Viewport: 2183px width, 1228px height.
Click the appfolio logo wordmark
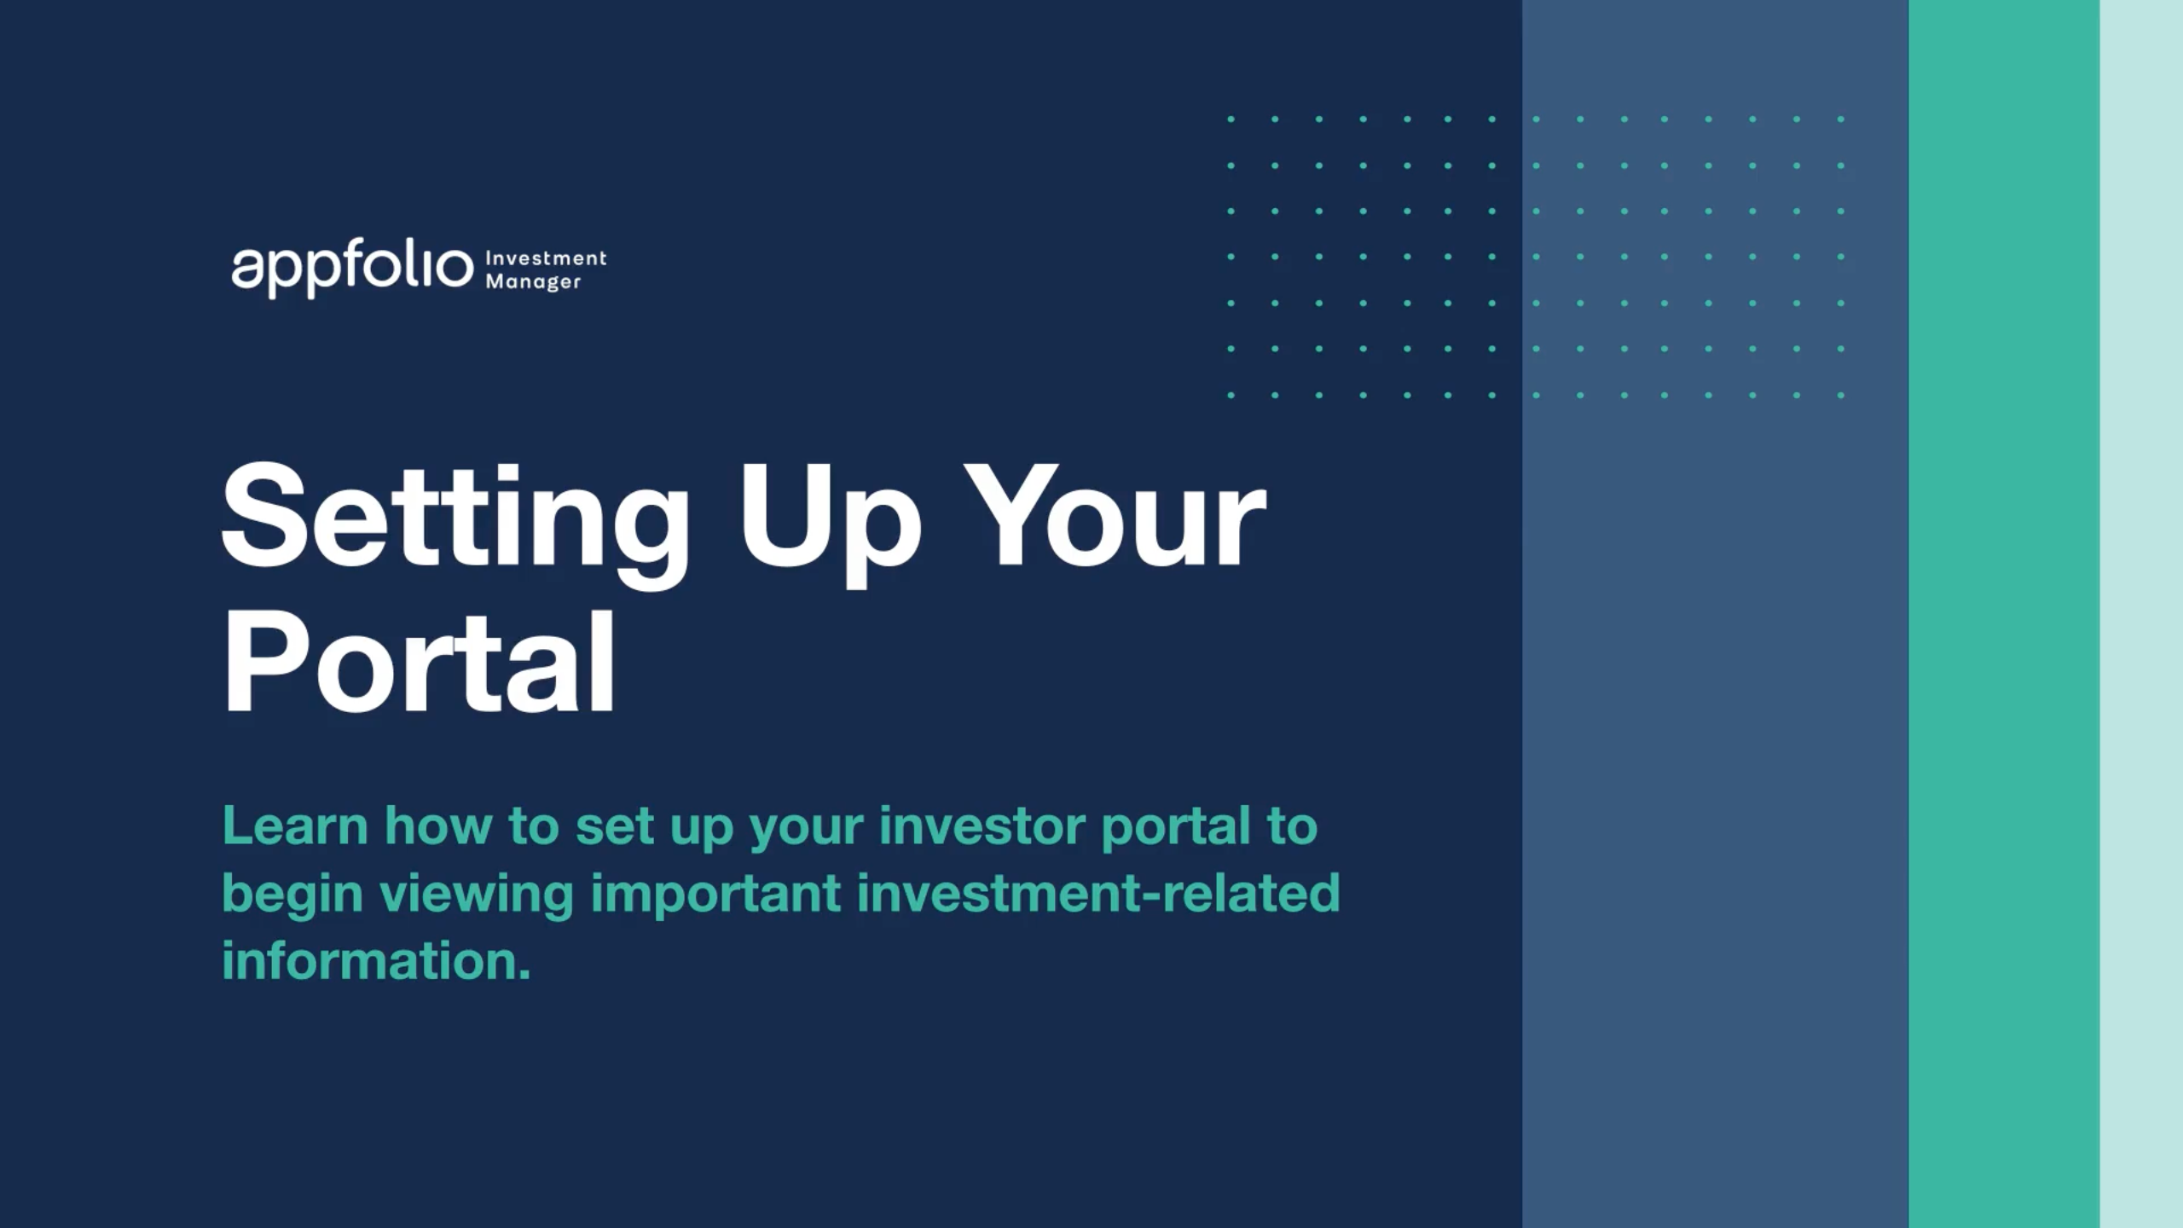[x=351, y=270]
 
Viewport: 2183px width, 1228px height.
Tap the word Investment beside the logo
[x=546, y=258]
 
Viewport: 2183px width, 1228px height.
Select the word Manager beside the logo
[x=534, y=281]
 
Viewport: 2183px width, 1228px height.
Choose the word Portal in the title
[x=419, y=663]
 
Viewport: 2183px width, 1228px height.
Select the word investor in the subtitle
[x=981, y=825]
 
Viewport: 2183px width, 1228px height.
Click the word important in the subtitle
[x=715, y=893]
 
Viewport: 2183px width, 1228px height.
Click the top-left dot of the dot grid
[x=1230, y=119]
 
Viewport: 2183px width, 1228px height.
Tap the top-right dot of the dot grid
[x=1841, y=119]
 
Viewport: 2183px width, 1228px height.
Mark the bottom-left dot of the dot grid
[x=1230, y=395]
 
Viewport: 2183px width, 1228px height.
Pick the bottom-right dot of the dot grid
[x=1841, y=395]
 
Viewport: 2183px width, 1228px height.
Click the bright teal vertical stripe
[x=2004, y=614]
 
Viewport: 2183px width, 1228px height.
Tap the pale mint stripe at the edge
[x=2141, y=614]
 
